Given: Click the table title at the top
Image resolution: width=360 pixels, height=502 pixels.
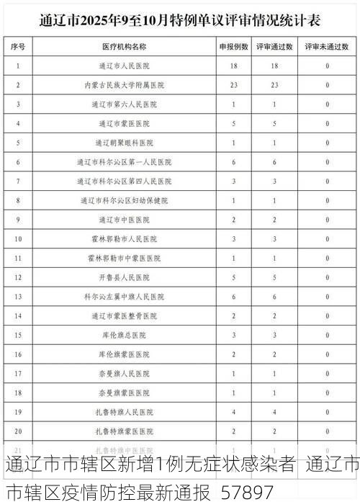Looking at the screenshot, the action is pyautogui.click(x=179, y=19).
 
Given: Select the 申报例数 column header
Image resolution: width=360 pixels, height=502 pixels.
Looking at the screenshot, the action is pyautogui.click(x=234, y=46).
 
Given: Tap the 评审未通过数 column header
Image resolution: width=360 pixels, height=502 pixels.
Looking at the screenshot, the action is pyautogui.click(x=327, y=46).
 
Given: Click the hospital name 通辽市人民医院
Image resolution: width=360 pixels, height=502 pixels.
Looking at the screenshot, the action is pyautogui.click(x=124, y=66).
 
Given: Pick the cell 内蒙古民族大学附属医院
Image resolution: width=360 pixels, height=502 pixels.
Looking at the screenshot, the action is pyautogui.click(x=124, y=85).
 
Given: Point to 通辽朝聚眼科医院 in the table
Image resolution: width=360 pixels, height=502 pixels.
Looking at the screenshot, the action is pyautogui.click(x=124, y=143).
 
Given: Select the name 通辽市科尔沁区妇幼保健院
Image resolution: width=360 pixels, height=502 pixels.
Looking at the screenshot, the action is pyautogui.click(x=124, y=200).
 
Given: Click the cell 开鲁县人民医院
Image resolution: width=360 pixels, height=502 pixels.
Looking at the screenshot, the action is pyautogui.click(x=124, y=277).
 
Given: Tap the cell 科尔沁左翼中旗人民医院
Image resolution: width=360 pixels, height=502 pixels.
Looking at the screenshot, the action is pyautogui.click(x=124, y=297).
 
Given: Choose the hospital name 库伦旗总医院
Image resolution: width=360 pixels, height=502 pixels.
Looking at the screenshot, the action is pyautogui.click(x=124, y=335).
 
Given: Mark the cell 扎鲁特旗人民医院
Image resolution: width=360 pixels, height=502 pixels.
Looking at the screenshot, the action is pyautogui.click(x=124, y=412).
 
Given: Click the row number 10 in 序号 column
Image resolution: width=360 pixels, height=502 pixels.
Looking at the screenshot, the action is pyautogui.click(x=18, y=238).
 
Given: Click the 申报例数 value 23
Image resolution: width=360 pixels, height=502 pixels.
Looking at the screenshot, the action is pyautogui.click(x=234, y=85).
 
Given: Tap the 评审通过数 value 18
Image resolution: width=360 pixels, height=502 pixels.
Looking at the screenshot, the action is pyautogui.click(x=274, y=66).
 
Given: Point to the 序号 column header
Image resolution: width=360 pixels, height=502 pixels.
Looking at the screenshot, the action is pyautogui.click(x=18, y=46).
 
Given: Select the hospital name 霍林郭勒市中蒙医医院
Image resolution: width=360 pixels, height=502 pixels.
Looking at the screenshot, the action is pyautogui.click(x=124, y=258).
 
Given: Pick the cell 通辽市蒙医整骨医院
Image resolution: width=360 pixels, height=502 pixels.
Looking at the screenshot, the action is pyautogui.click(x=124, y=315).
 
